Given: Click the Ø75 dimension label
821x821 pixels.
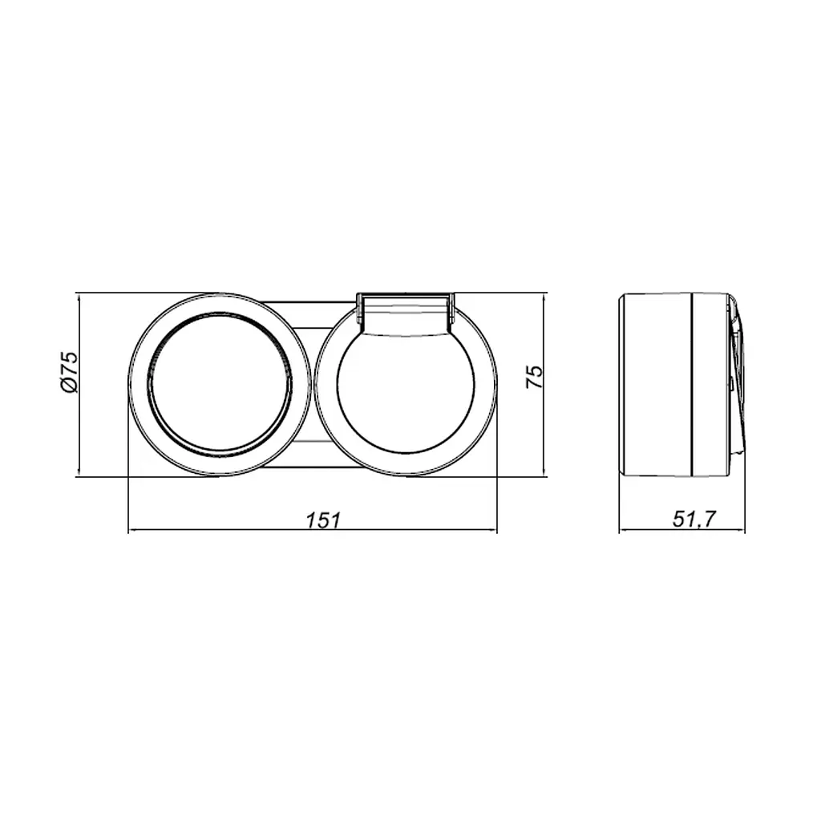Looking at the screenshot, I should (69, 371).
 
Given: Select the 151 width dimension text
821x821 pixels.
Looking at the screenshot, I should (324, 520).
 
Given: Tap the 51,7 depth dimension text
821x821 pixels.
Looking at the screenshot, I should (694, 520).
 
